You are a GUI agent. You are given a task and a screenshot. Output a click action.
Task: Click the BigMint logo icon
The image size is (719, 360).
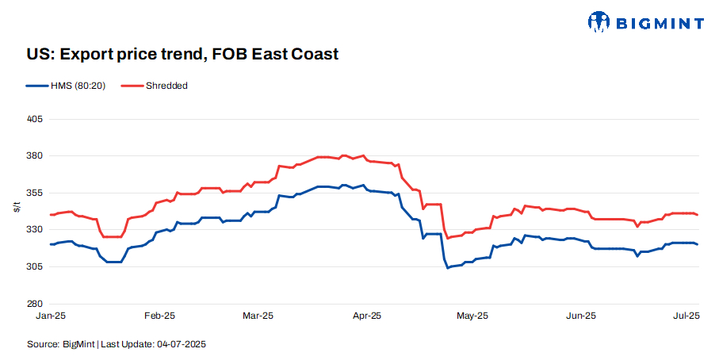coord(601,21)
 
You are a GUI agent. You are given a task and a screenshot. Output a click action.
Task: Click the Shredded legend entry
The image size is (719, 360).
coord(166,85)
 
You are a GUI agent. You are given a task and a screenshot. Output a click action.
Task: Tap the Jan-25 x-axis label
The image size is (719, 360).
coord(51,316)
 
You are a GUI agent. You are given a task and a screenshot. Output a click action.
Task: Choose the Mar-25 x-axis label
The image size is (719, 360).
coord(258,316)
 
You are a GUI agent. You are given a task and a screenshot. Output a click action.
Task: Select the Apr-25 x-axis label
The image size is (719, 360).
coord(365,316)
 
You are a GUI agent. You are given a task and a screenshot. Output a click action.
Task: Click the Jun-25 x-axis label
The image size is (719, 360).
coord(580,316)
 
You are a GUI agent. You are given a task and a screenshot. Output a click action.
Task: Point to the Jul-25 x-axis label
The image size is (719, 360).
coord(685,316)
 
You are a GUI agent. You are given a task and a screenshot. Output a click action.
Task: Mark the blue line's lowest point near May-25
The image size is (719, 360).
coord(448,268)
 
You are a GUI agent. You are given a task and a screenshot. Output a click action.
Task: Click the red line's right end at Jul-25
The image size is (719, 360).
coord(698,215)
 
